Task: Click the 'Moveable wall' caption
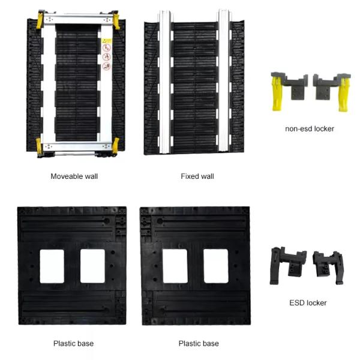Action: pyautogui.click(x=74, y=176)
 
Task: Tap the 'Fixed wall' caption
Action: pyautogui.click(x=197, y=176)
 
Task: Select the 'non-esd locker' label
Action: pyautogui.click(x=310, y=129)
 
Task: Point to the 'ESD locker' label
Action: pyautogui.click(x=308, y=303)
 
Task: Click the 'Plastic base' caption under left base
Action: pyautogui.click(x=73, y=343)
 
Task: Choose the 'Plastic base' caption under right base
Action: pyautogui.click(x=199, y=343)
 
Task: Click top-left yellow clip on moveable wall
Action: pyautogui.click(x=40, y=20)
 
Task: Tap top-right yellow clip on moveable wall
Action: pyautogui.click(x=116, y=21)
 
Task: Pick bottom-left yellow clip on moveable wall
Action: pyautogui.click(x=39, y=146)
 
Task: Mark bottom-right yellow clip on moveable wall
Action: pyautogui.click(x=115, y=146)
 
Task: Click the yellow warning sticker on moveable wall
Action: pyautogui.click(x=107, y=41)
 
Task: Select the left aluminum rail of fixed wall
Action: pyautogui.click(x=165, y=82)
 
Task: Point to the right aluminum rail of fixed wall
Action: pyautogui.click(x=224, y=80)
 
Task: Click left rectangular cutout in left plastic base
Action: pyautogui.click(x=52, y=266)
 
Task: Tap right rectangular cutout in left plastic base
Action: pyautogui.click(x=92, y=266)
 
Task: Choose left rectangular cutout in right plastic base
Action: pyautogui.click(x=175, y=266)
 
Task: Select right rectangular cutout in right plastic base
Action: pyautogui.click(x=216, y=266)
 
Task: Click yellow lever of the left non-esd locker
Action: pyautogui.click(x=278, y=93)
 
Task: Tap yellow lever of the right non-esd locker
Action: pyautogui.click(x=344, y=95)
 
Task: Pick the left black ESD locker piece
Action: pyautogui.click(x=287, y=265)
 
